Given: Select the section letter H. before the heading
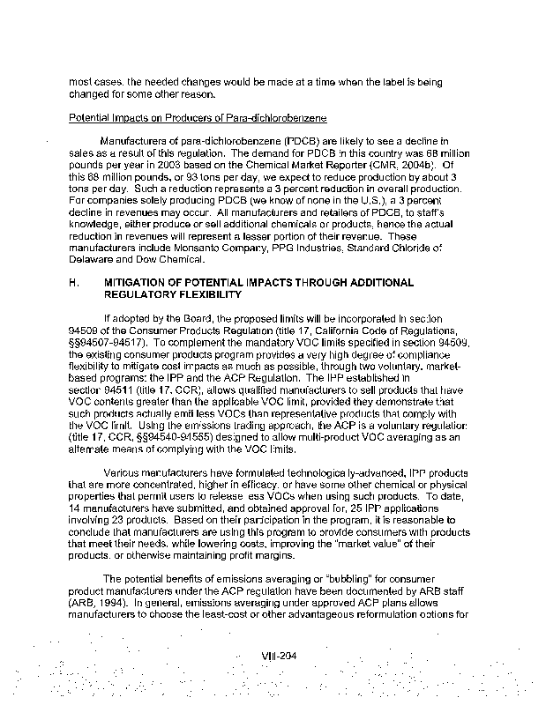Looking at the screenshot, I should (73, 282).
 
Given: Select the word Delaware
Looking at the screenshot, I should (93, 260).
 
